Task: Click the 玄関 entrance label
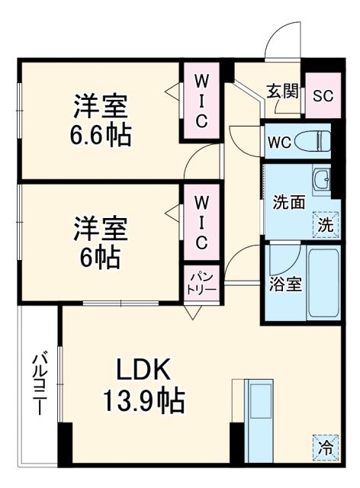pyautogui.click(x=281, y=91)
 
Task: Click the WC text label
pyautogui.click(x=278, y=142)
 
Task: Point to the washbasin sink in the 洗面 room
pyautogui.click(x=323, y=181)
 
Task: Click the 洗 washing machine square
pyautogui.click(x=326, y=224)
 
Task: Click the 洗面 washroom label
pyautogui.click(x=289, y=203)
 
